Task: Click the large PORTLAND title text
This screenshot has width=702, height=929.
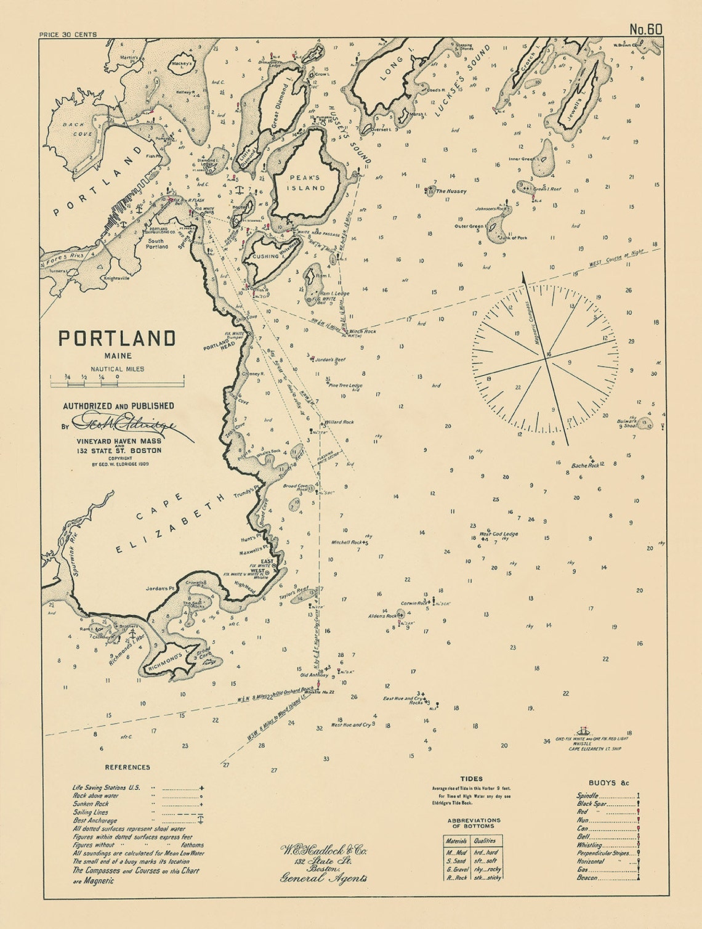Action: [117, 338]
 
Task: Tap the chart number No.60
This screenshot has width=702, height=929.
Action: [645, 30]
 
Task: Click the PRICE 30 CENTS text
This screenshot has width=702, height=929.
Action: [67, 34]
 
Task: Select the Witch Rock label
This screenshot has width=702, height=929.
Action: [362, 331]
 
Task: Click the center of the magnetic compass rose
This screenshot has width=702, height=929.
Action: [546, 355]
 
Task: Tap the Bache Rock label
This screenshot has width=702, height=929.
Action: [585, 466]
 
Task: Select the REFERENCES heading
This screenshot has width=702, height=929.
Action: [127, 767]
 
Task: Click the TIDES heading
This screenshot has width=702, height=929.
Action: [472, 779]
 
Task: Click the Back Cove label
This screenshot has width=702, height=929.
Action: [78, 129]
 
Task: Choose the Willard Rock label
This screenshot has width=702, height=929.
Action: [339, 422]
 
